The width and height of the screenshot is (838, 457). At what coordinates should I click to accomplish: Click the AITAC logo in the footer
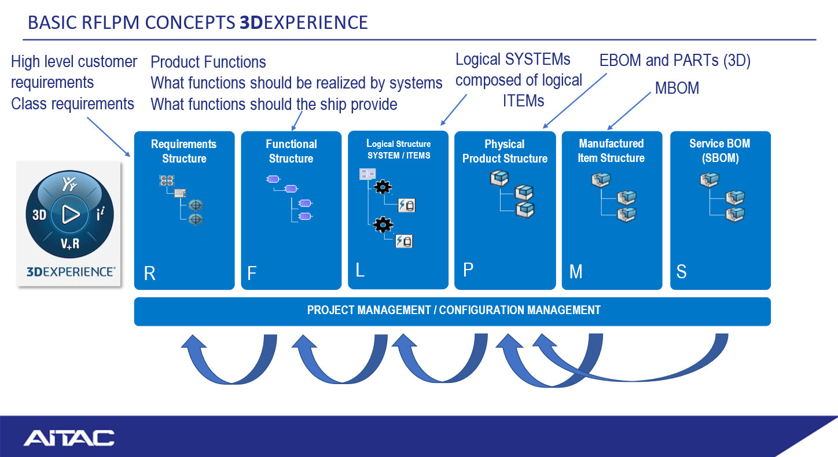(x=69, y=437)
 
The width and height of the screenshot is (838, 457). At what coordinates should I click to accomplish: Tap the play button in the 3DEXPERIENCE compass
(x=69, y=215)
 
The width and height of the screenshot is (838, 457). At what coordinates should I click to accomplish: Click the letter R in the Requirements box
(x=149, y=274)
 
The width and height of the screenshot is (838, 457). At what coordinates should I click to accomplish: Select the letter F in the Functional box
(x=251, y=274)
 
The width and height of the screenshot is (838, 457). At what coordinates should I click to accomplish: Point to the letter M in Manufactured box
(x=575, y=271)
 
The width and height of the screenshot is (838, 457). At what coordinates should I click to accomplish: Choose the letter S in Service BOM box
(x=681, y=271)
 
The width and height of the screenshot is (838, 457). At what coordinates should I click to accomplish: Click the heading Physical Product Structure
(x=505, y=152)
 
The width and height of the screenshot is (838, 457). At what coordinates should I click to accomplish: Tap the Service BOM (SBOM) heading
(x=719, y=151)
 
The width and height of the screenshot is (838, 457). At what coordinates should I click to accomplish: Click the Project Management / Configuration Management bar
(x=453, y=311)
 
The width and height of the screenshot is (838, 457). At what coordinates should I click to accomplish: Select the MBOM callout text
(x=677, y=89)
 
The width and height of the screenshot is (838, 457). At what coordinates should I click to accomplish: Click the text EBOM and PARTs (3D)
(x=674, y=61)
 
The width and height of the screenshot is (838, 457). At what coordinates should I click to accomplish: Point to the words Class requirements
(x=72, y=104)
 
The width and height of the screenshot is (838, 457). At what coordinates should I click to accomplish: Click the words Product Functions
(x=208, y=62)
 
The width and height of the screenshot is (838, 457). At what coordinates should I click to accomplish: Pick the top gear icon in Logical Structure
(x=383, y=187)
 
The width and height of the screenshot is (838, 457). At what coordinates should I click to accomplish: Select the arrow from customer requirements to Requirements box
(x=108, y=137)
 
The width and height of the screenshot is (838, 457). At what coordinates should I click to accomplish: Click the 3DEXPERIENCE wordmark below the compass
(x=70, y=271)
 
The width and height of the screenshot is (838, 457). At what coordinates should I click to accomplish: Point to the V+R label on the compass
(x=70, y=244)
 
